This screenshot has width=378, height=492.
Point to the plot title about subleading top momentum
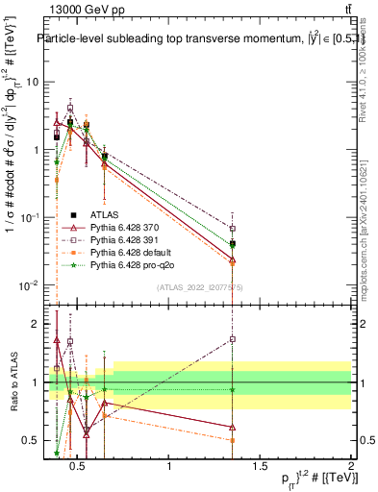(x=192, y=38)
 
